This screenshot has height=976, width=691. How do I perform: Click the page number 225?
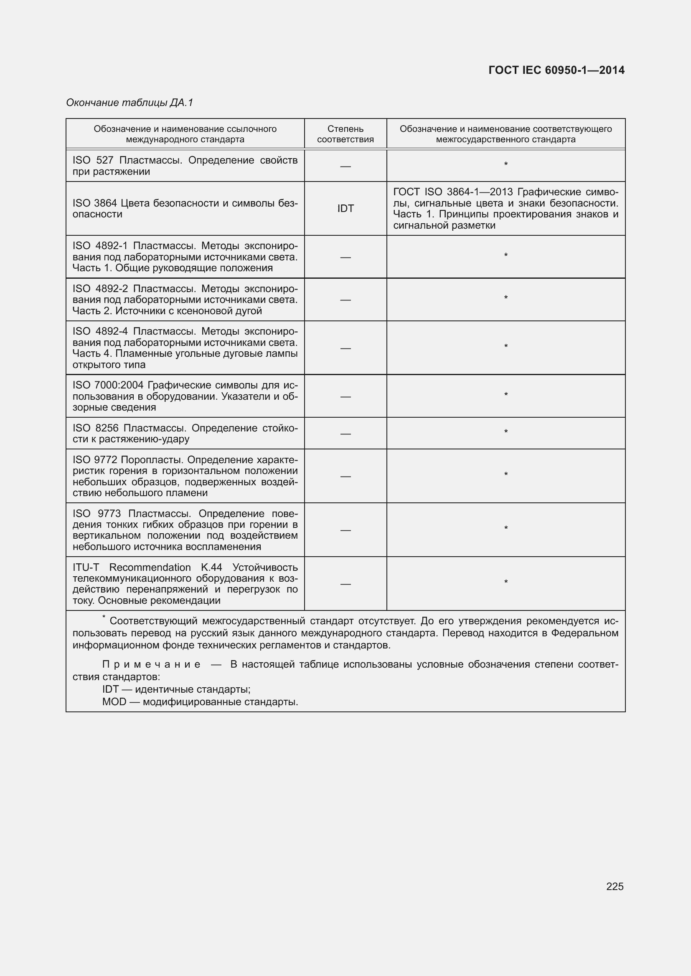(615, 886)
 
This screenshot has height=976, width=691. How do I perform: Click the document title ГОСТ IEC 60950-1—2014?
(556, 70)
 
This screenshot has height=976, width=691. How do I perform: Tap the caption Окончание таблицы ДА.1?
(130, 103)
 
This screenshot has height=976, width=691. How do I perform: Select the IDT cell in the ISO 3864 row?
(345, 208)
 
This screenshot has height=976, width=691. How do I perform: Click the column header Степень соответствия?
(345, 134)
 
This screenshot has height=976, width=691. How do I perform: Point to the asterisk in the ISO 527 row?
(506, 164)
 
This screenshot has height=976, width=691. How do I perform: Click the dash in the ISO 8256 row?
(345, 434)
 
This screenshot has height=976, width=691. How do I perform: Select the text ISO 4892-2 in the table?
(100, 289)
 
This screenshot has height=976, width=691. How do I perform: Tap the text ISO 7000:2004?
(109, 385)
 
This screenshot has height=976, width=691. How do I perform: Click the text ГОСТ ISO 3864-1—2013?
(453, 192)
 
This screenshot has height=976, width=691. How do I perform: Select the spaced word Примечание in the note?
(151, 664)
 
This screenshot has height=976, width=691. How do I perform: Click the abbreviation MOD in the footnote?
(114, 701)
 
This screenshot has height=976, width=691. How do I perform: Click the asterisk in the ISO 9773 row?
(506, 528)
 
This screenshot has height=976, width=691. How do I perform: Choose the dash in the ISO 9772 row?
(345, 476)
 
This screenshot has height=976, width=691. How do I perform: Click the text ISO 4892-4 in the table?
(100, 331)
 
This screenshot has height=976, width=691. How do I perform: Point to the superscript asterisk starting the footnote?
(103, 617)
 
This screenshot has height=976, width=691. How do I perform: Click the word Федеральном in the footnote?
(584, 633)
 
